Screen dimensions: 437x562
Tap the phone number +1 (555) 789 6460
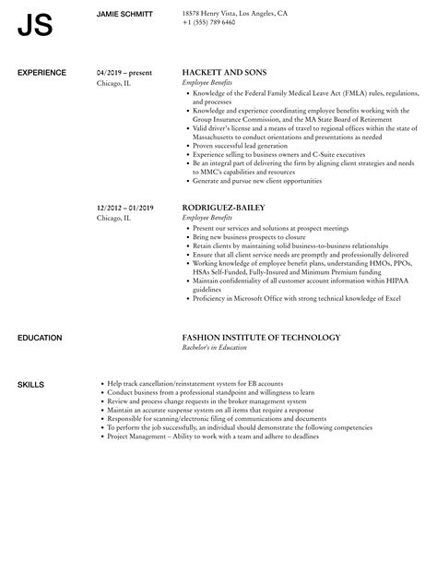211,21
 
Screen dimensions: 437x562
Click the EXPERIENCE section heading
41,71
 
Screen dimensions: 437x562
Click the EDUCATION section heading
40,338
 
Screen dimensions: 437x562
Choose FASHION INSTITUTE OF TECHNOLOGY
261,338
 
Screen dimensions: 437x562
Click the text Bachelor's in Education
216,348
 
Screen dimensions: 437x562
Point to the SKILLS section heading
30,383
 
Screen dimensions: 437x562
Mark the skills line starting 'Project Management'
213,436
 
